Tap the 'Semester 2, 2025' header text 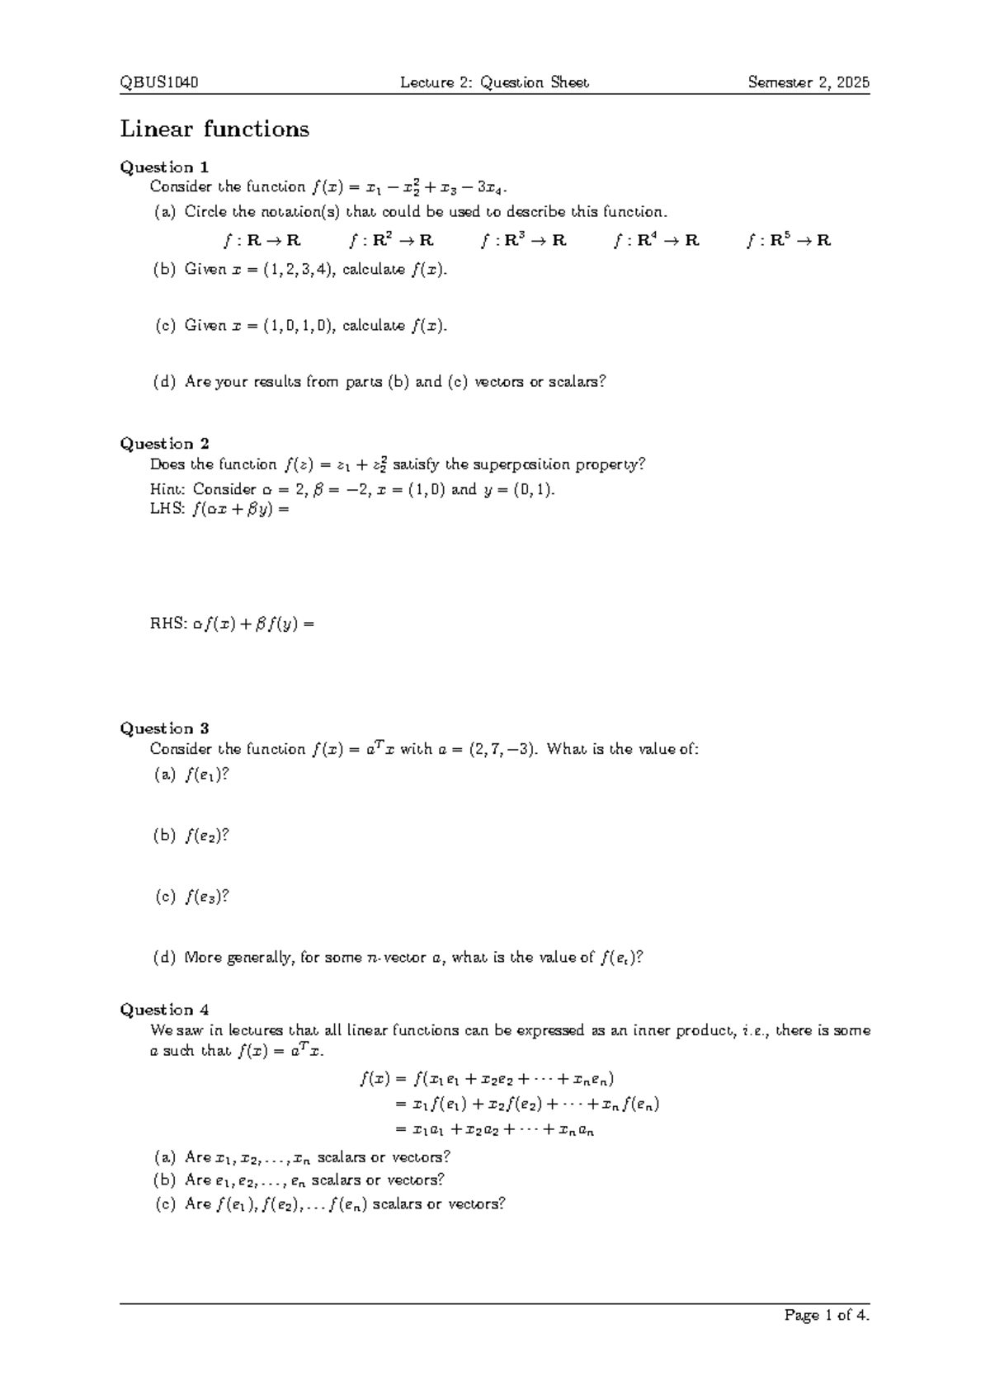pyautogui.click(x=808, y=82)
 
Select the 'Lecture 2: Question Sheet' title pyautogui.click(x=494, y=82)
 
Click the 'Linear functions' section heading pyautogui.click(x=214, y=130)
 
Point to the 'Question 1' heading pyautogui.click(x=164, y=167)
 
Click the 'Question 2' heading pyautogui.click(x=164, y=444)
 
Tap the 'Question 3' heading pyautogui.click(x=164, y=728)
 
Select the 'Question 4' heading pyautogui.click(x=164, y=1010)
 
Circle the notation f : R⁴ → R pyautogui.click(x=657, y=241)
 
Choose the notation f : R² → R pyautogui.click(x=391, y=241)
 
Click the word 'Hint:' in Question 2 pyautogui.click(x=168, y=489)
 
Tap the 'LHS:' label pyautogui.click(x=167, y=510)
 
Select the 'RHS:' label pyautogui.click(x=167, y=624)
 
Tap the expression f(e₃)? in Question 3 pyautogui.click(x=206, y=897)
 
